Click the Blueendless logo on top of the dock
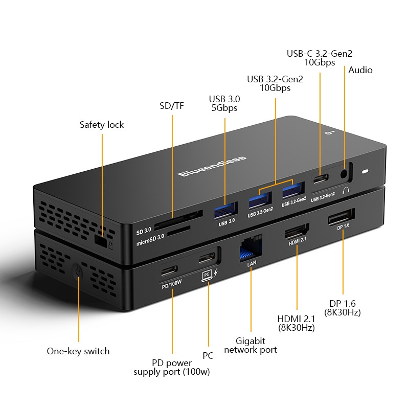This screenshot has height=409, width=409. click(x=212, y=166)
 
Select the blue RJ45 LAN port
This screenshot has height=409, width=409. click(x=251, y=249)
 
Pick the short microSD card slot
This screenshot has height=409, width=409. click(x=178, y=232)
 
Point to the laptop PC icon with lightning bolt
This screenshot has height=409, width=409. click(x=210, y=274)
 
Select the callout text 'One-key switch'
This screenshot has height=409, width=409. click(x=78, y=351)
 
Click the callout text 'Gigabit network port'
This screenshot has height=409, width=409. click(x=251, y=345)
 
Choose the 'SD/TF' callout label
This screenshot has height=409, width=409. click(x=172, y=106)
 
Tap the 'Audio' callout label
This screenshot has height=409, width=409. click(x=360, y=70)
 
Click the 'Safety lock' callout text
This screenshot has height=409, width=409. click(x=102, y=125)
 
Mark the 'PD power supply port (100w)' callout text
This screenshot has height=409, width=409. click(x=172, y=368)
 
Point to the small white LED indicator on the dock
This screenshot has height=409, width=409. click(x=365, y=172)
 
